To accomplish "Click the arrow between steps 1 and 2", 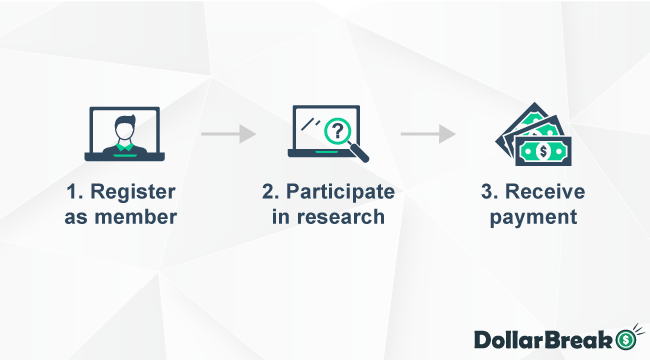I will click(228, 133).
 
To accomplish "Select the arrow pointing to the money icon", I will click(428, 133).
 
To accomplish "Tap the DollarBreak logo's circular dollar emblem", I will click(628, 339).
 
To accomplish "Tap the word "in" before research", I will click(280, 216).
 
